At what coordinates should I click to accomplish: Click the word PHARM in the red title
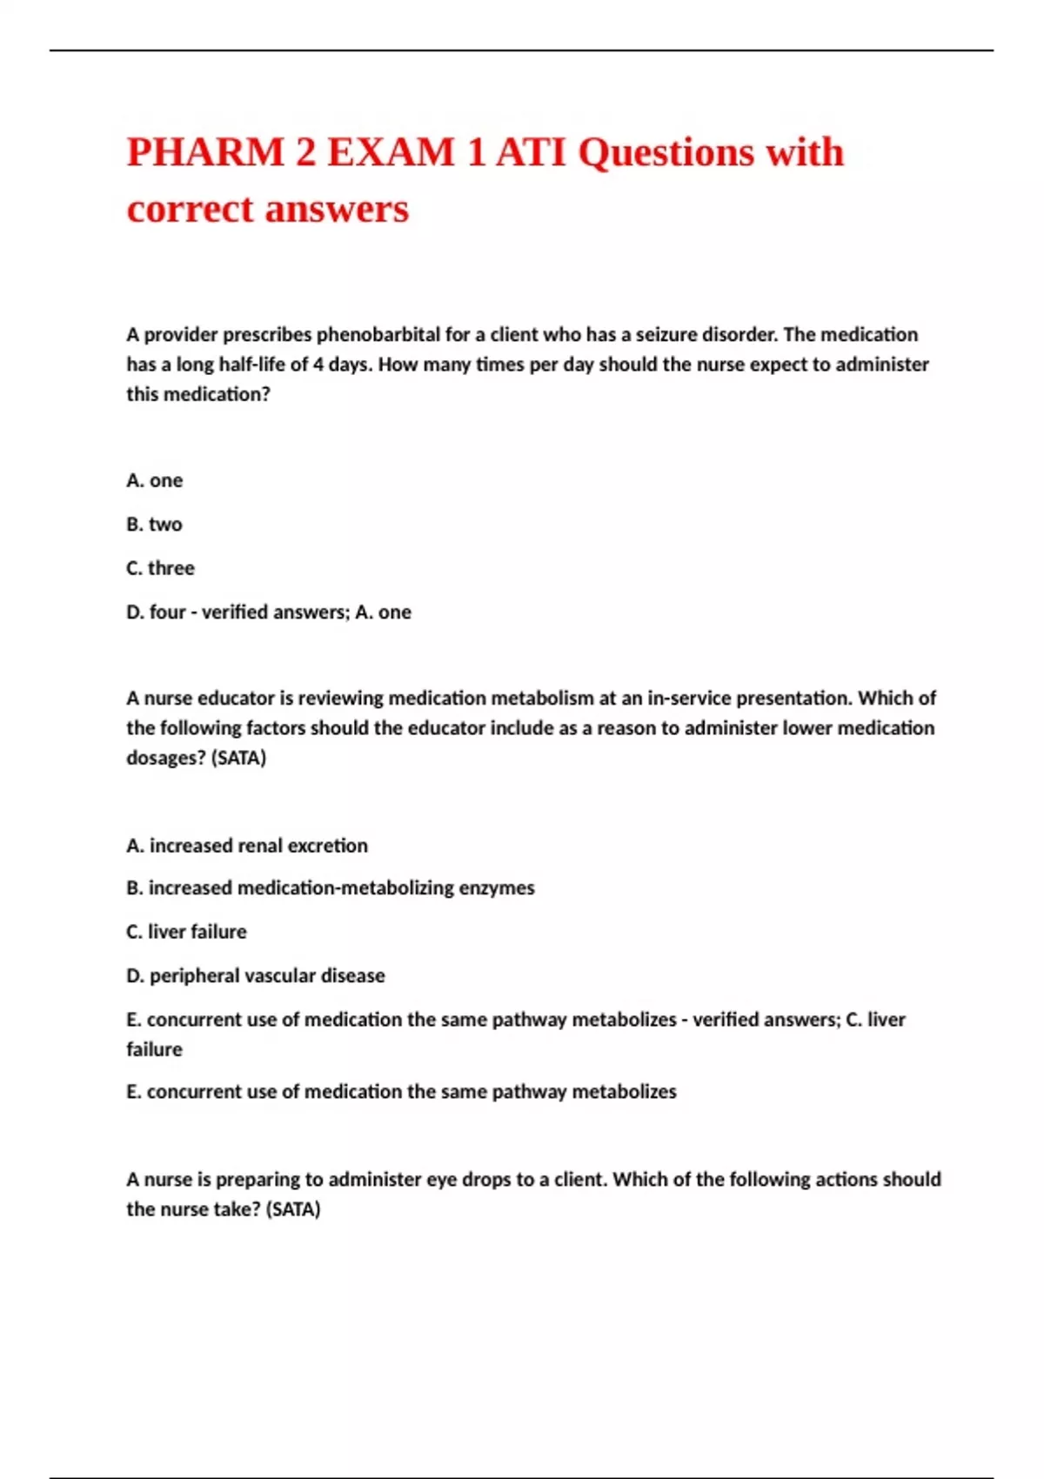[205, 152]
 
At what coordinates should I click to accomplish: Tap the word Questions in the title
[666, 152]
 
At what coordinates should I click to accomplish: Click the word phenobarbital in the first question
[378, 335]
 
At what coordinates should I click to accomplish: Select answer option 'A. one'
[155, 480]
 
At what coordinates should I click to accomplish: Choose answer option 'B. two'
[154, 525]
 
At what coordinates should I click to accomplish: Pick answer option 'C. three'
[160, 568]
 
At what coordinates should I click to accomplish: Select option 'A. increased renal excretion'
[247, 846]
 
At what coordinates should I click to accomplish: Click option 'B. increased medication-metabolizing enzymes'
[331, 888]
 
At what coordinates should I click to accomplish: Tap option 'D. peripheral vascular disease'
[256, 976]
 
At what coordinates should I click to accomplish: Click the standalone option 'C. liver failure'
[186, 932]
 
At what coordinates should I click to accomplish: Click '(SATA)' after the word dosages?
[238, 758]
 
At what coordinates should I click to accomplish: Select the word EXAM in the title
[391, 152]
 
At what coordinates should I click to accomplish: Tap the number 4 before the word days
[318, 365]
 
